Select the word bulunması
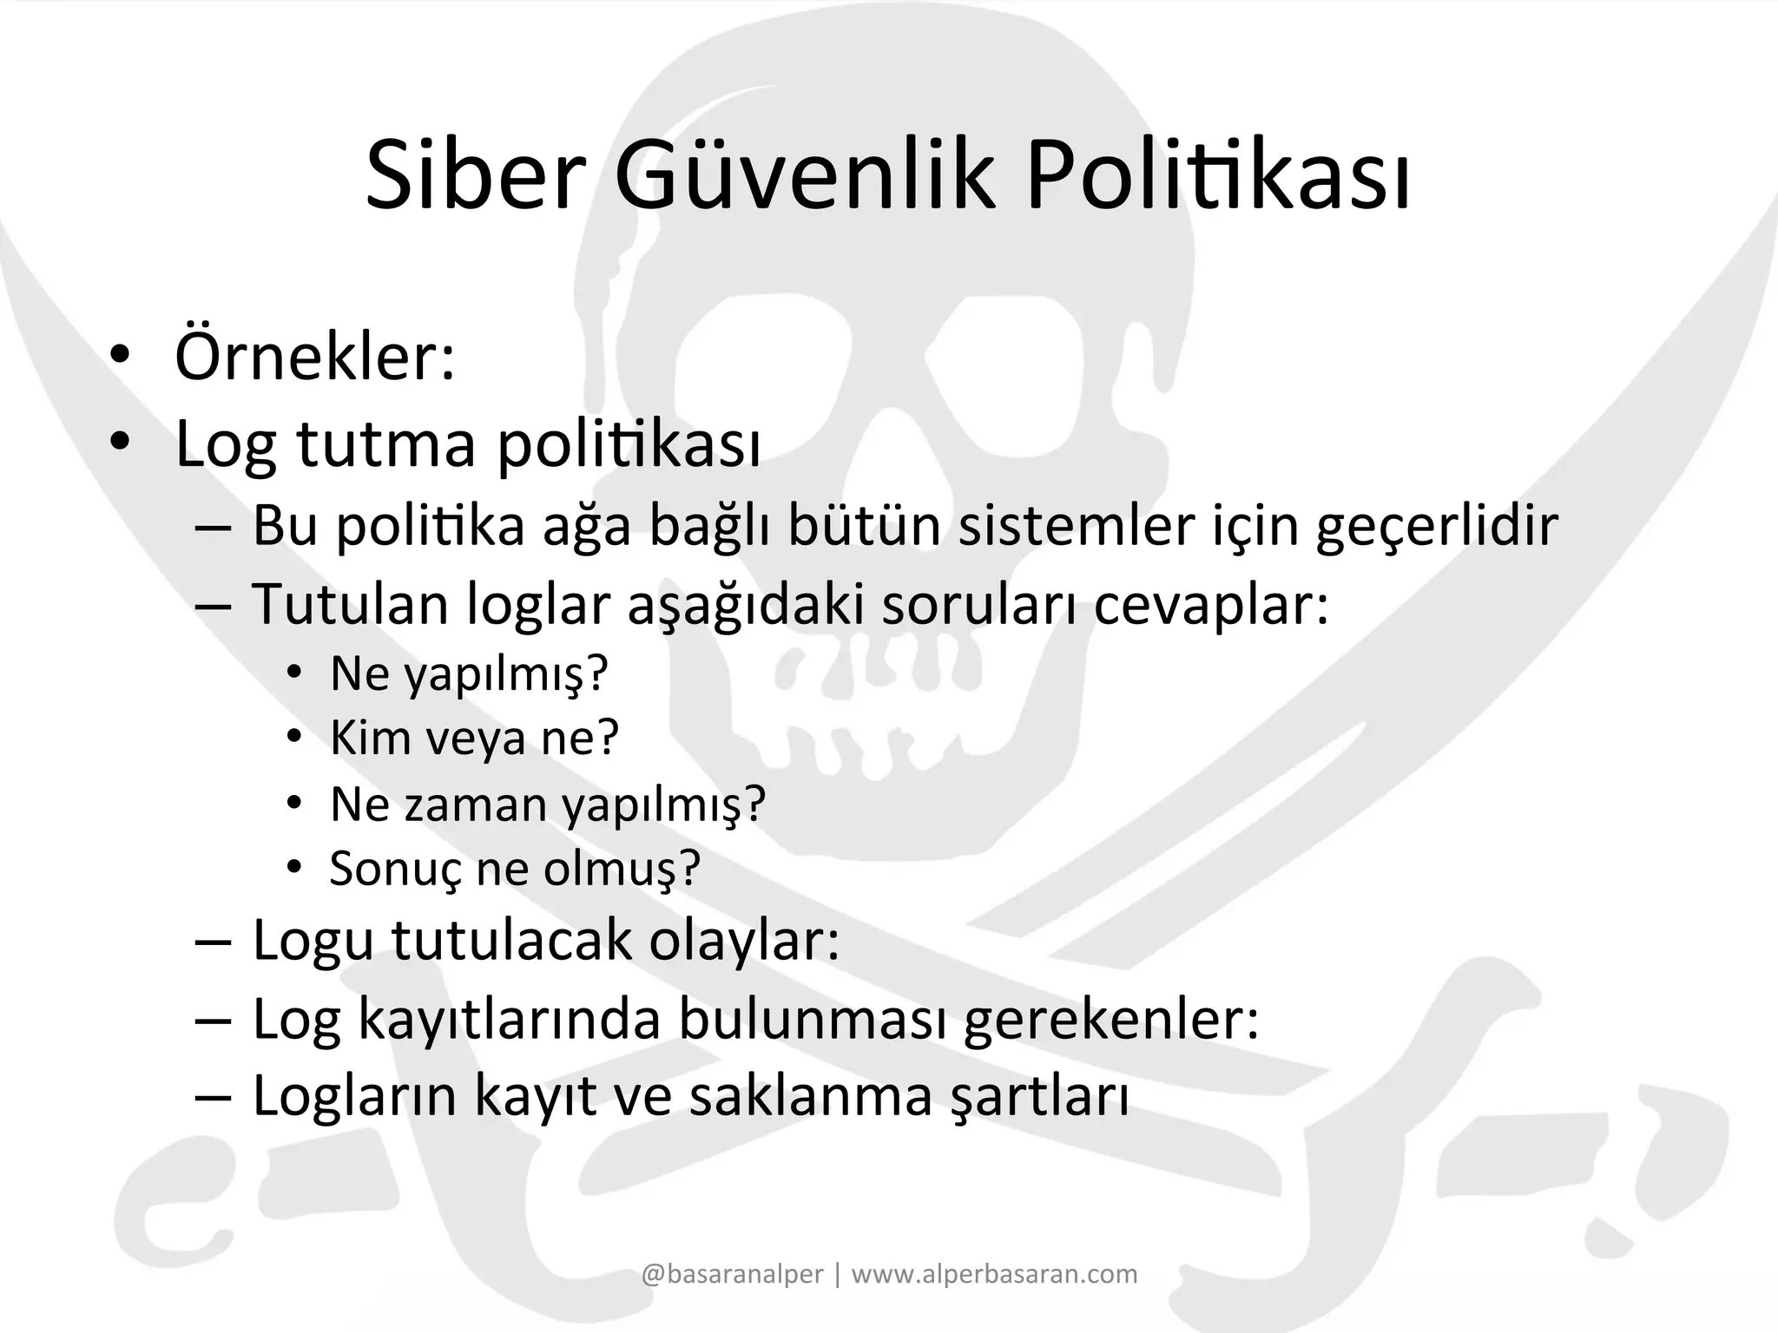coord(813,1019)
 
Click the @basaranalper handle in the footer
coord(732,1274)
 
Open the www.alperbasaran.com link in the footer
coord(994,1274)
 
